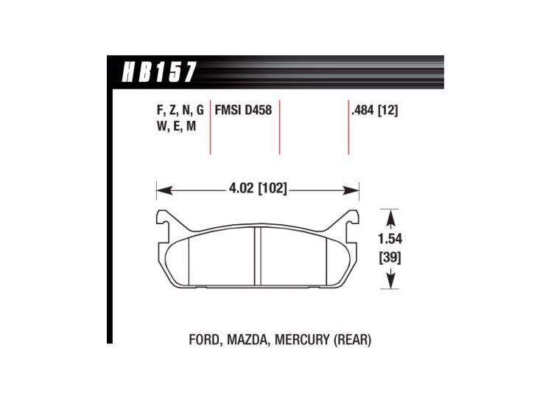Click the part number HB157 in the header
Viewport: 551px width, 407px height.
[x=157, y=72]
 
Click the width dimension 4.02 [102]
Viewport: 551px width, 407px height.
[x=257, y=189]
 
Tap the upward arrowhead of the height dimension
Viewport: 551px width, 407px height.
[x=391, y=215]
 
